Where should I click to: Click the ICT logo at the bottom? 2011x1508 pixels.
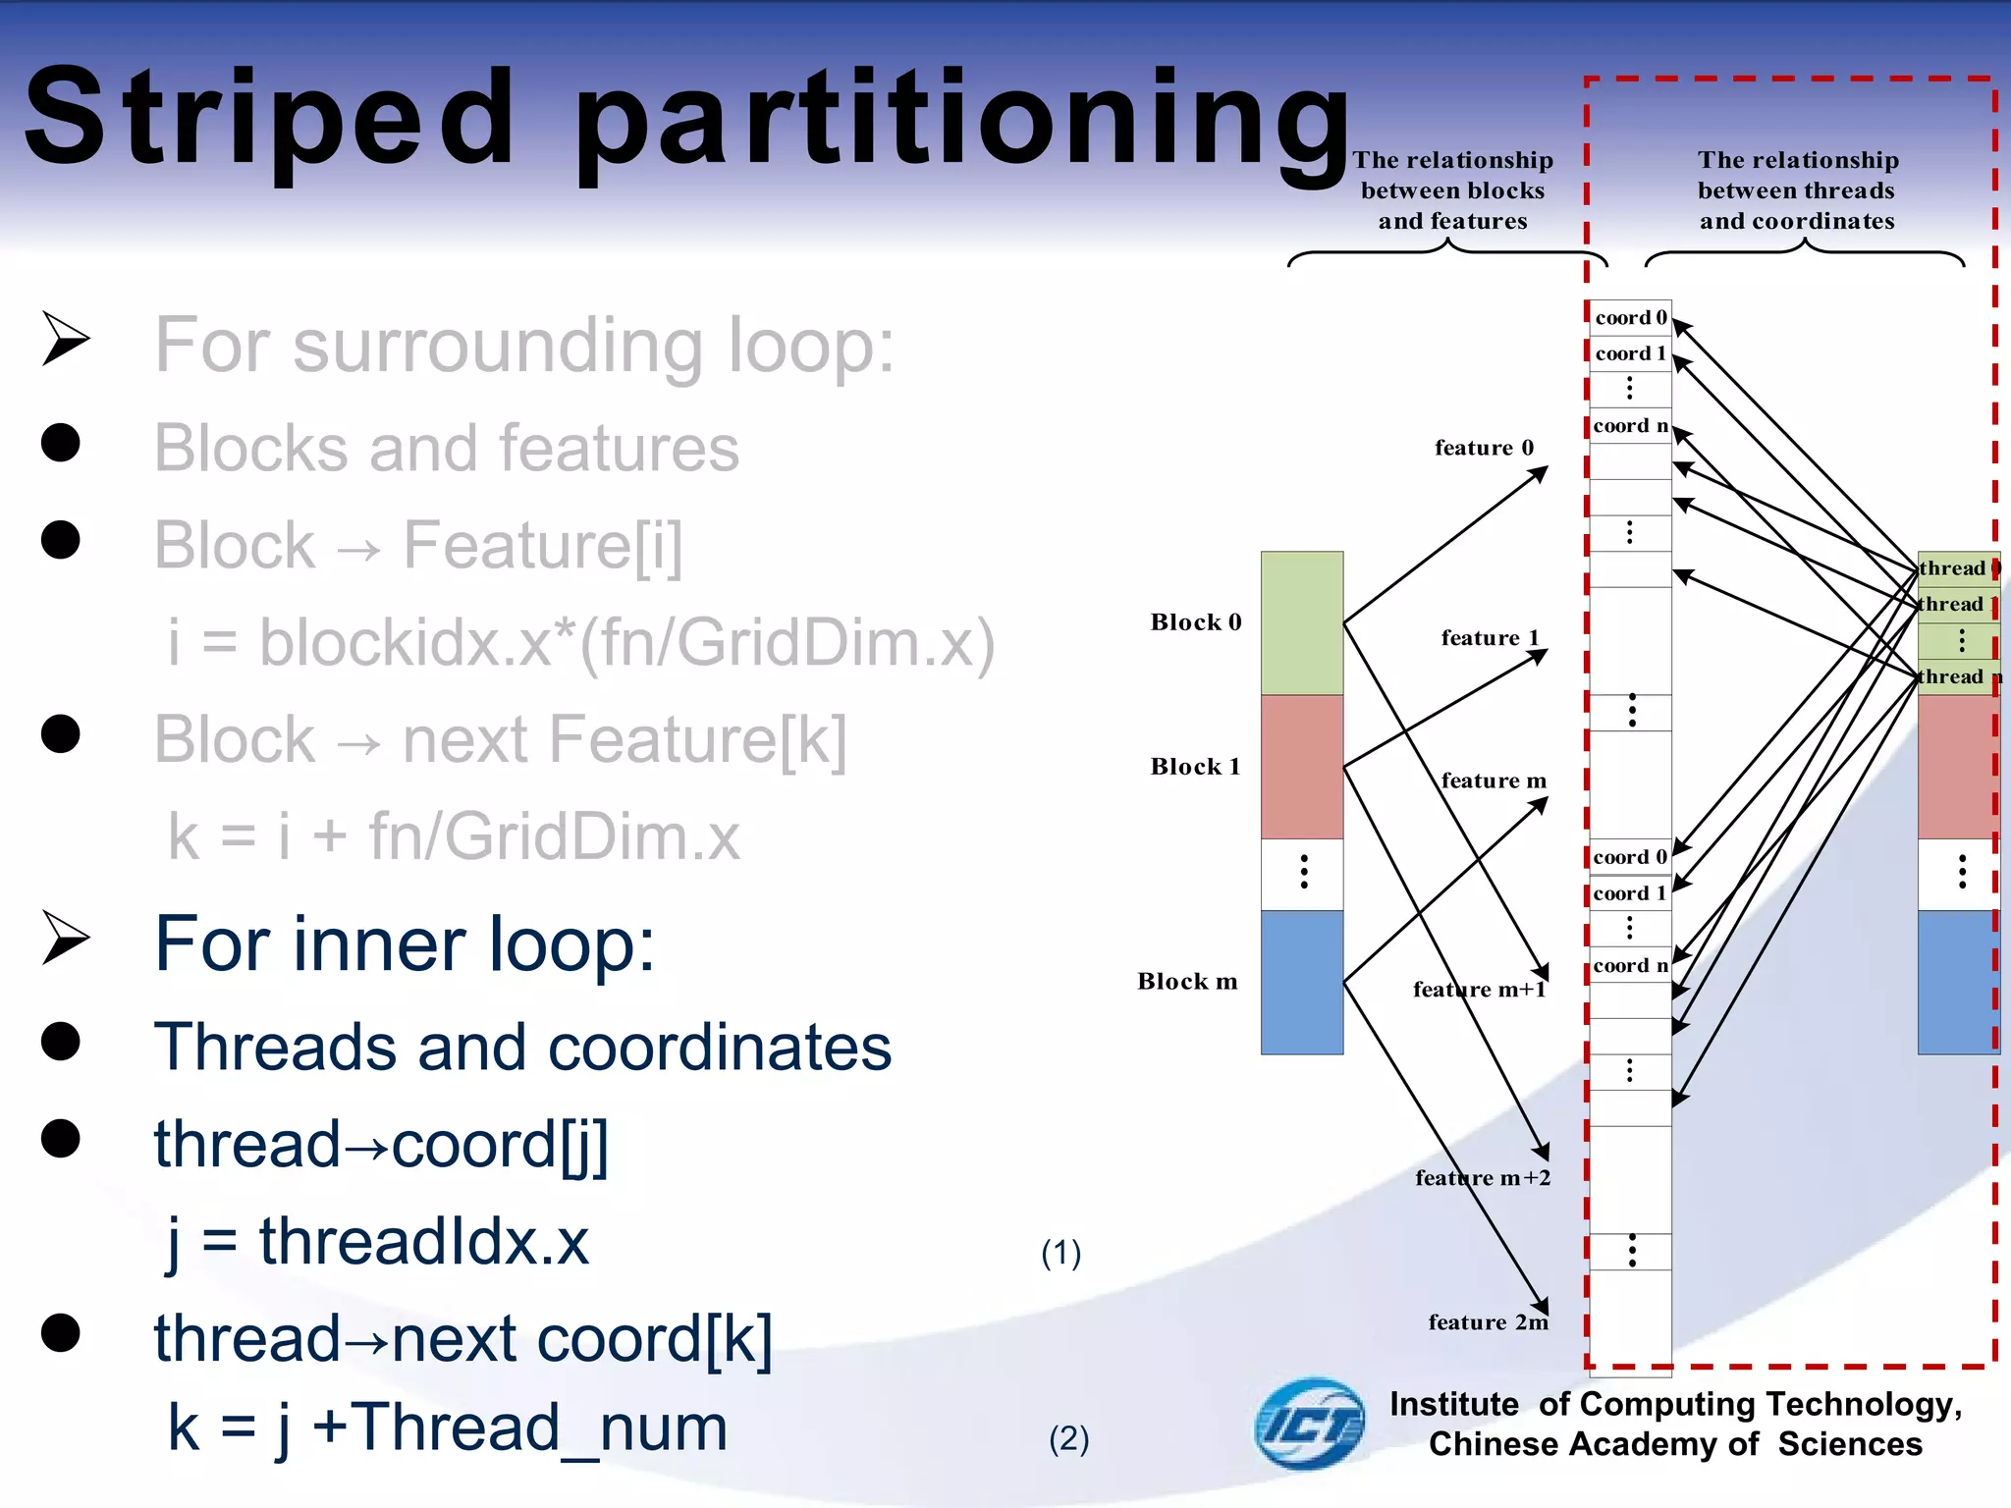1309,1424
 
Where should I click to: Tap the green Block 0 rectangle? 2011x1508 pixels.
1301,622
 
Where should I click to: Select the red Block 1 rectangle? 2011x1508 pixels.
1301,767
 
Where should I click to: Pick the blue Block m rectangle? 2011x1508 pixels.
1301,982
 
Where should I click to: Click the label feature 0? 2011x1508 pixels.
1484,448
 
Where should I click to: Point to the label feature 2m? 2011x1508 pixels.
1488,1322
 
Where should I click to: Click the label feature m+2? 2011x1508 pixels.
1483,1178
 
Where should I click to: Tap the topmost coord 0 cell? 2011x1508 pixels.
1630,318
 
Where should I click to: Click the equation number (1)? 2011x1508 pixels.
1060,1253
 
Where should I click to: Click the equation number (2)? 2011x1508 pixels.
1068,1439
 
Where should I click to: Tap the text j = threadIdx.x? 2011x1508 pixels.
378,1242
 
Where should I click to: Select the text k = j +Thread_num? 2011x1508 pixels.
448,1427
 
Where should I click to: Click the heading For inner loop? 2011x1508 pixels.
405,944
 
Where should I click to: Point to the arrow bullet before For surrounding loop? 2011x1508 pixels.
65,339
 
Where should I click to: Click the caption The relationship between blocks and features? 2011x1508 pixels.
1452,190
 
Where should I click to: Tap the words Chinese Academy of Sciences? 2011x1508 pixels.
1675,1444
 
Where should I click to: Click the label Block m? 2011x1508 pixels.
1187,982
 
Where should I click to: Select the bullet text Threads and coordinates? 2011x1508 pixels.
522,1047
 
